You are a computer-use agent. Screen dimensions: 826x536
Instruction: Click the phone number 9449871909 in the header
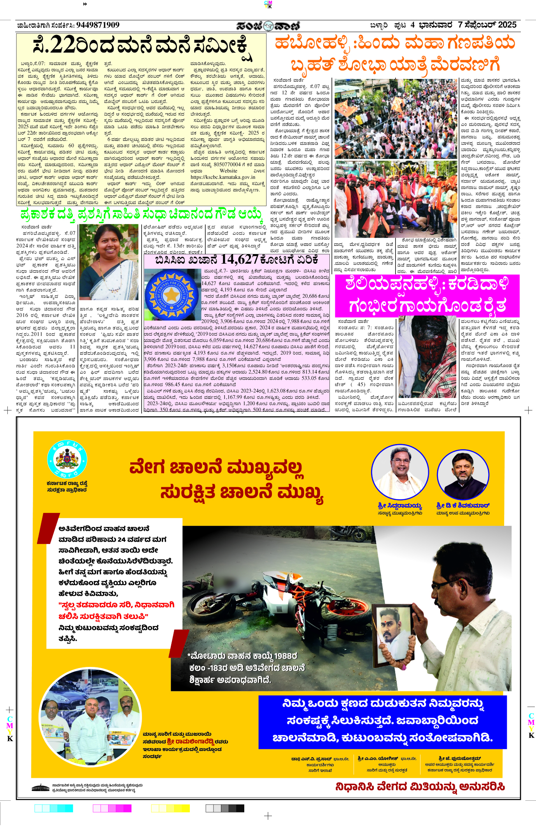coord(98,25)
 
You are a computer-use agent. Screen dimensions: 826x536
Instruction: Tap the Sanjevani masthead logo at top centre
coord(268,26)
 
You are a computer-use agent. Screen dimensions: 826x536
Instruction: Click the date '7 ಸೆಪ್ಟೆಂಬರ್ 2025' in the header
coord(487,25)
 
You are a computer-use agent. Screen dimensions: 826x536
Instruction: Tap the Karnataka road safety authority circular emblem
coord(67,459)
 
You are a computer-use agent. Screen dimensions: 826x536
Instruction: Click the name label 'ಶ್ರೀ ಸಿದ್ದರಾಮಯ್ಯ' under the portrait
coord(400,506)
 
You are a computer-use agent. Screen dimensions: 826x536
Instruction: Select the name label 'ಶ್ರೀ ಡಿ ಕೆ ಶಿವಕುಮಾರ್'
coord(463,506)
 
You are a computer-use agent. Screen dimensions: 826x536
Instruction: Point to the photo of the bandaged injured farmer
coord(427,356)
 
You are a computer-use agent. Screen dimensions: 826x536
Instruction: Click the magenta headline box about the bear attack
coord(427,295)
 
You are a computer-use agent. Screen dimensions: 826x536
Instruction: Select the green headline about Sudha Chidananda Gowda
coord(142,215)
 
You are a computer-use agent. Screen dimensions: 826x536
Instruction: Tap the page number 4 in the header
coord(413,25)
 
